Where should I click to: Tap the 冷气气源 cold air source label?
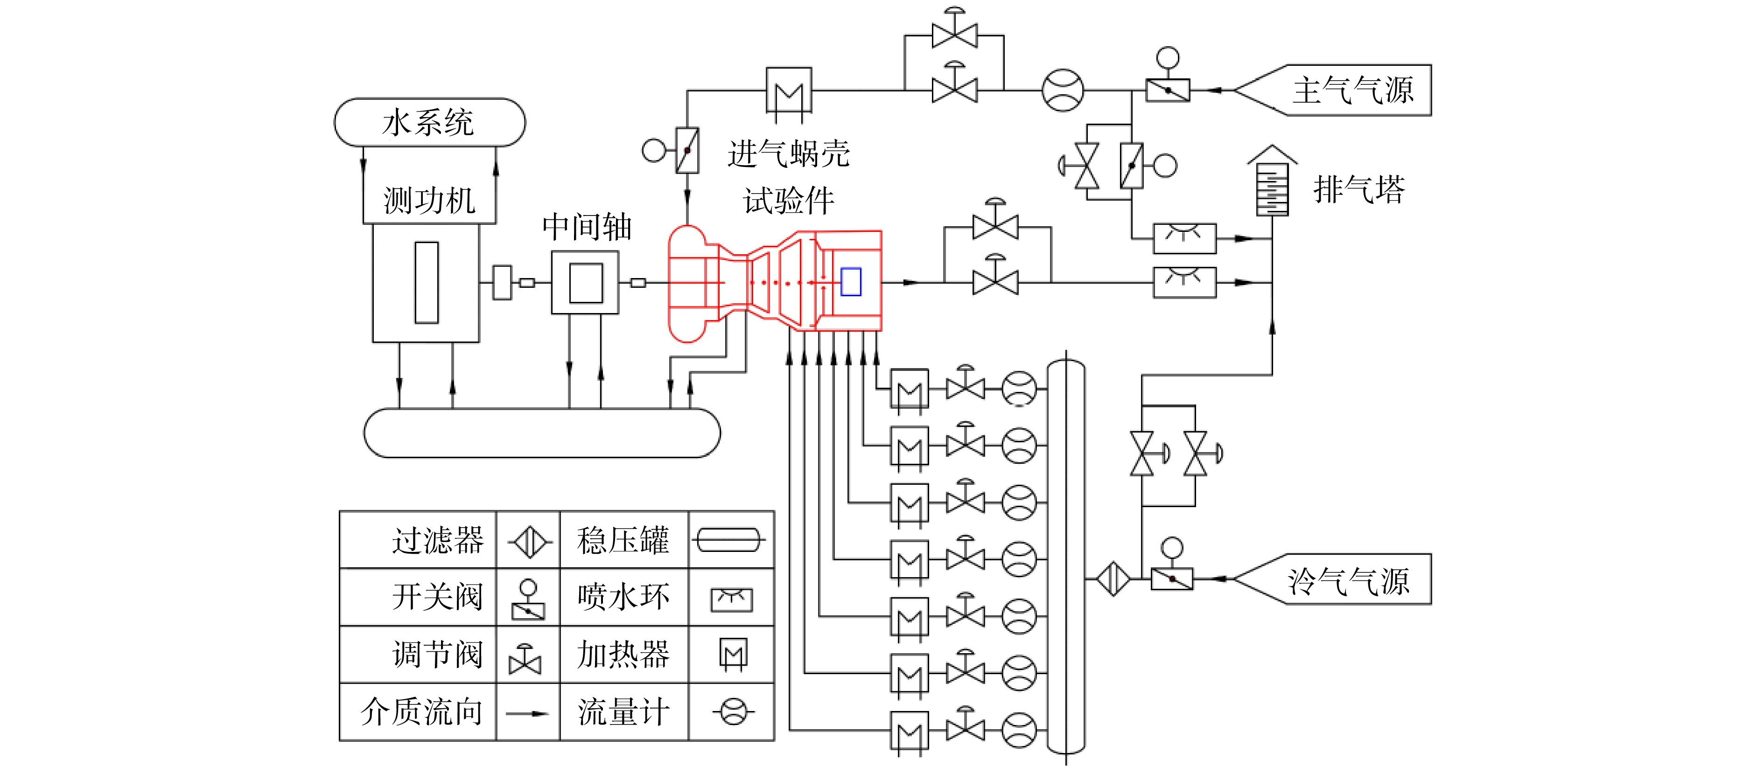1348,581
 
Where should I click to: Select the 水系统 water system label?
428,123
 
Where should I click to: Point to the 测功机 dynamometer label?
429,201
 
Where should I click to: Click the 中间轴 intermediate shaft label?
587,227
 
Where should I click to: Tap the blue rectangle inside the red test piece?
851,281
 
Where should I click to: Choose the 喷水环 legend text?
623,597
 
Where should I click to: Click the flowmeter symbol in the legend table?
733,712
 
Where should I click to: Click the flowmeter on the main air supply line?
1063,90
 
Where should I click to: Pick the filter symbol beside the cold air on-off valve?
1113,579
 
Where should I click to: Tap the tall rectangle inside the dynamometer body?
427,282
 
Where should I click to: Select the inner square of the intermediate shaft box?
586,283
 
